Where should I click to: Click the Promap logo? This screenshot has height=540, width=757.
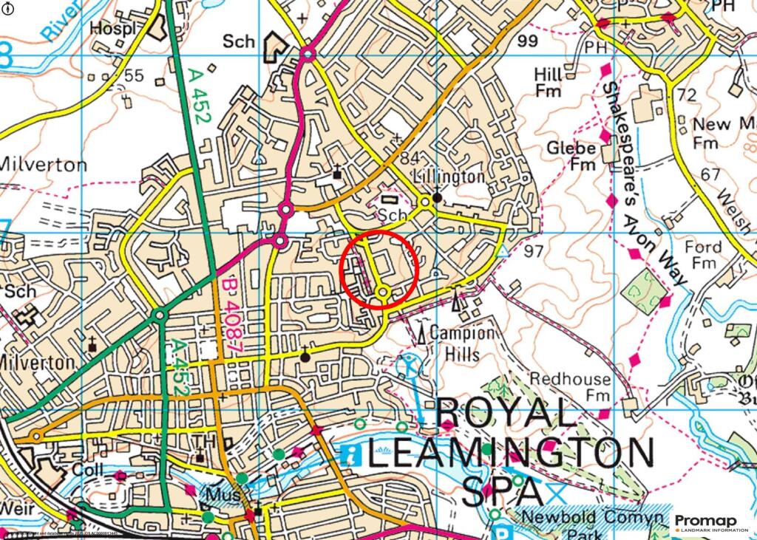(713, 522)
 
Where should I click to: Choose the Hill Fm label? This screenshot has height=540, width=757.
(548, 83)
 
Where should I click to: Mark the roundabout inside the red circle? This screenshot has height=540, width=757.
(382, 293)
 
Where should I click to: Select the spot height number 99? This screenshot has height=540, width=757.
(528, 41)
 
